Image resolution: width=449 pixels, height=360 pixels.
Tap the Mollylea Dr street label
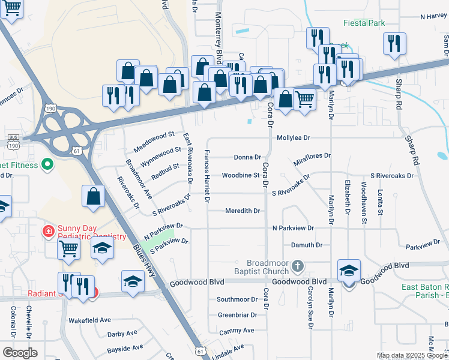click(x=293, y=137)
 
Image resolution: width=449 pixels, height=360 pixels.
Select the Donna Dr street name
click(x=247, y=157)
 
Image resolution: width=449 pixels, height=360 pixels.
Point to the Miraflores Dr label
click(x=312, y=160)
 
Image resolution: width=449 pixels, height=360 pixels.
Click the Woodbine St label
click(x=240, y=175)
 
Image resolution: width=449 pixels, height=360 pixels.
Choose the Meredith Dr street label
click(x=243, y=211)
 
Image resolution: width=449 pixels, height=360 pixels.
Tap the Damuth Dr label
click(x=307, y=245)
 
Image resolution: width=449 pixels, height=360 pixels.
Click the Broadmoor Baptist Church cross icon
click(x=297, y=265)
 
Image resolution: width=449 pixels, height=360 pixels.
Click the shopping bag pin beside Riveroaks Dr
click(x=93, y=196)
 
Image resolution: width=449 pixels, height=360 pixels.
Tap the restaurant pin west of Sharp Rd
click(x=394, y=43)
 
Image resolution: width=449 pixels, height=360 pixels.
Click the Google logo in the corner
click(x=20, y=353)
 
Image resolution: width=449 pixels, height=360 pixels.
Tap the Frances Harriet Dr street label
click(x=208, y=175)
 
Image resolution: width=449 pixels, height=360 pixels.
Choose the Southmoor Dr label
click(x=237, y=299)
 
